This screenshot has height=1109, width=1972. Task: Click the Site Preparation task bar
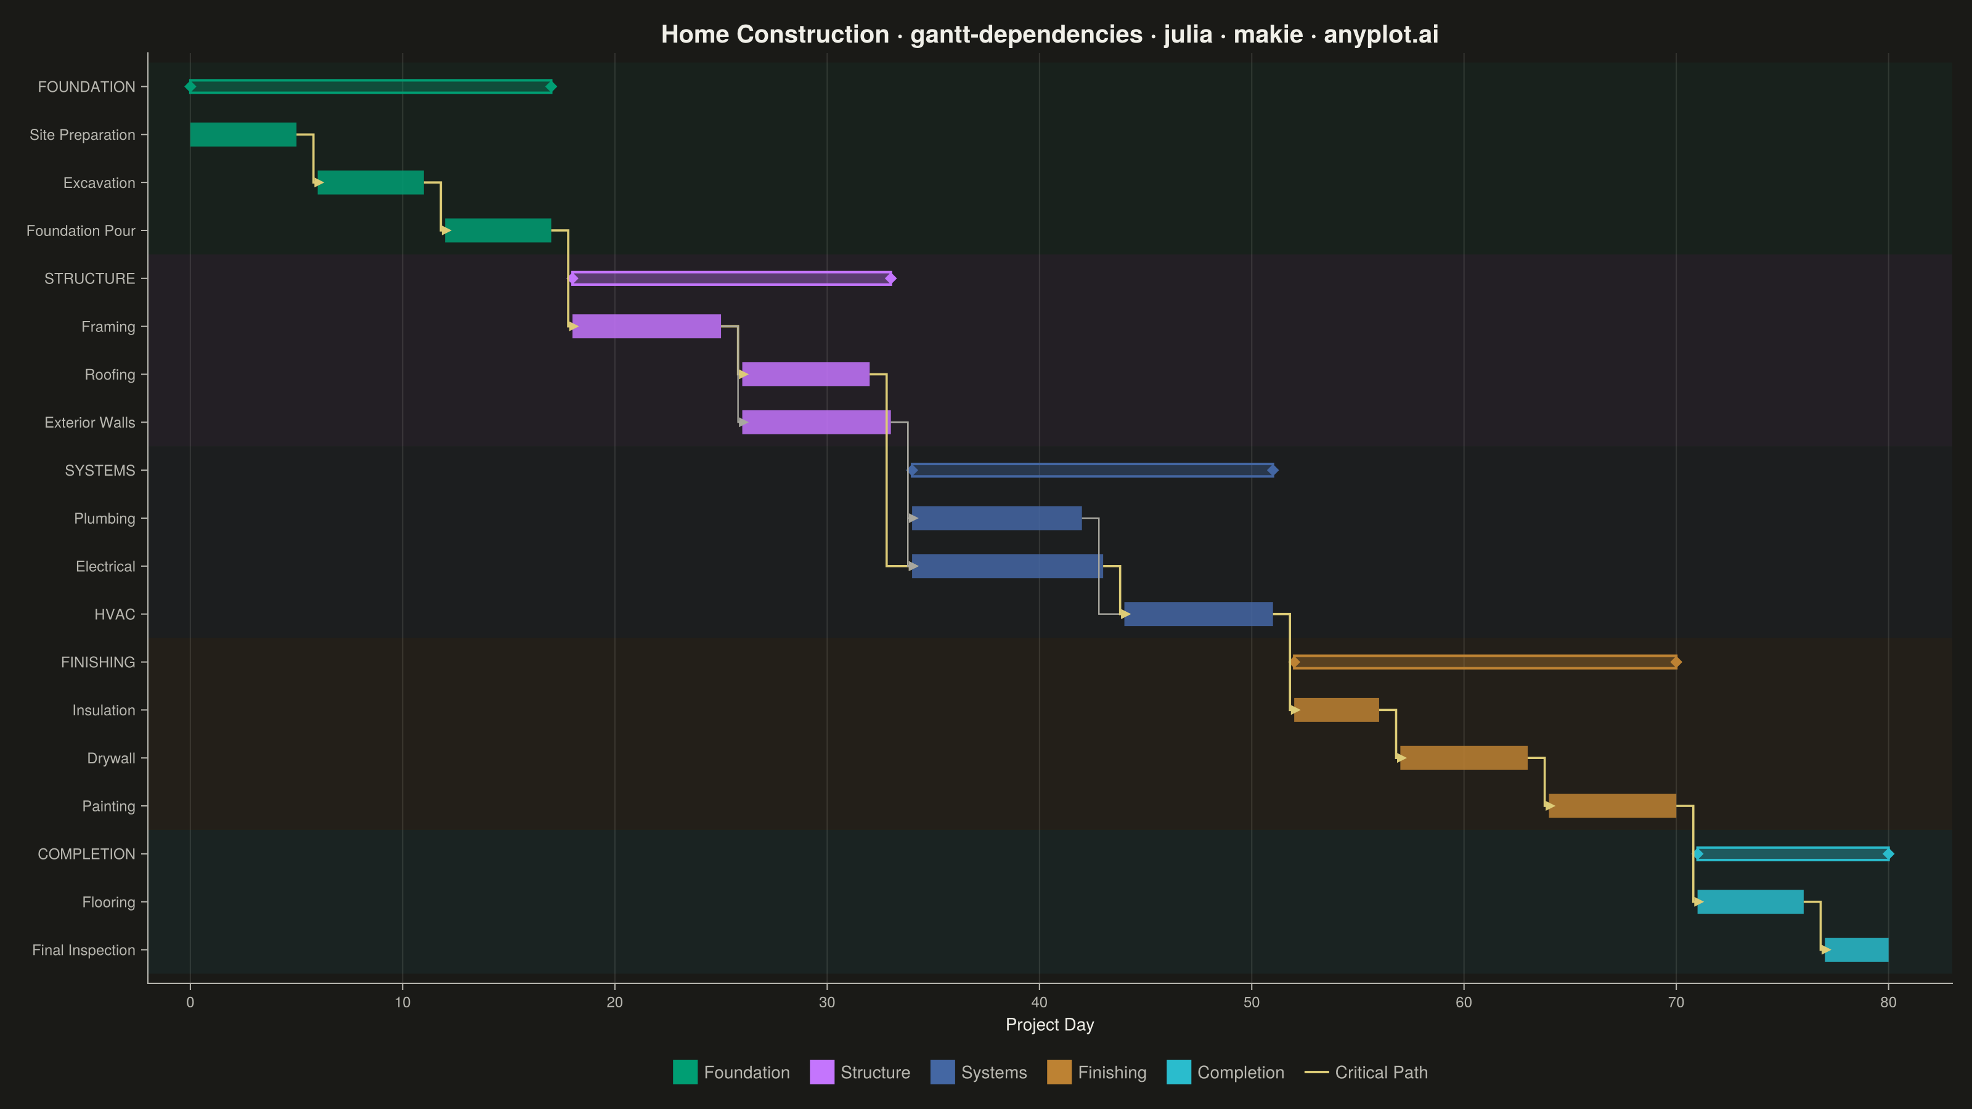[243, 135]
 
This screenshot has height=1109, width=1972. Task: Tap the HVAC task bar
[1198, 614]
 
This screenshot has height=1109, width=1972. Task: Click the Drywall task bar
[1464, 758]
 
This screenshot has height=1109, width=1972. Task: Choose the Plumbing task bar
[996, 518]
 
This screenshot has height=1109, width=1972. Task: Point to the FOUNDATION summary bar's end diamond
[550, 86]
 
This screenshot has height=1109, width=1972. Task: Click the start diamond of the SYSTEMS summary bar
[912, 470]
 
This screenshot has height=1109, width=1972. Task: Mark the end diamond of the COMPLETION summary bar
[1889, 853]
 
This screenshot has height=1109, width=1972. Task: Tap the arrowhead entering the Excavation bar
[319, 182]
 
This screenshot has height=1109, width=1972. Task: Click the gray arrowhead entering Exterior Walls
[743, 421]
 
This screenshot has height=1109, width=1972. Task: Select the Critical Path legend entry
[1366, 1072]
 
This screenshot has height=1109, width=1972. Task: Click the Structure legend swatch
[821, 1072]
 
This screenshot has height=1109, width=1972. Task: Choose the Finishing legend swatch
[1059, 1072]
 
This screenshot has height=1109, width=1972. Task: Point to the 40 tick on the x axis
[1039, 987]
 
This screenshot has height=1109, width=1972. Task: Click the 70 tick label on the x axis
[1676, 1002]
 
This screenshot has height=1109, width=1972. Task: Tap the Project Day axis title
[1049, 1025]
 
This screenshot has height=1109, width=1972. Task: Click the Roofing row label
[110, 374]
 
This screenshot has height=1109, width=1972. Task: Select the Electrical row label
[105, 566]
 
